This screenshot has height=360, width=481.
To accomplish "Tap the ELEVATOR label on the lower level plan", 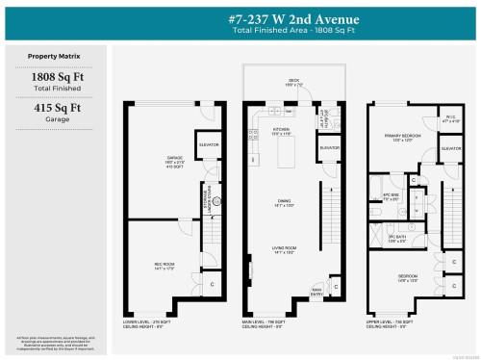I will (209, 144).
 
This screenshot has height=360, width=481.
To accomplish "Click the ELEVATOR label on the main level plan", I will (329, 147).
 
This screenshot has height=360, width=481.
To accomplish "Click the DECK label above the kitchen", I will (292, 81).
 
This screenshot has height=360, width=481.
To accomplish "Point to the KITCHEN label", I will (282, 128).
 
